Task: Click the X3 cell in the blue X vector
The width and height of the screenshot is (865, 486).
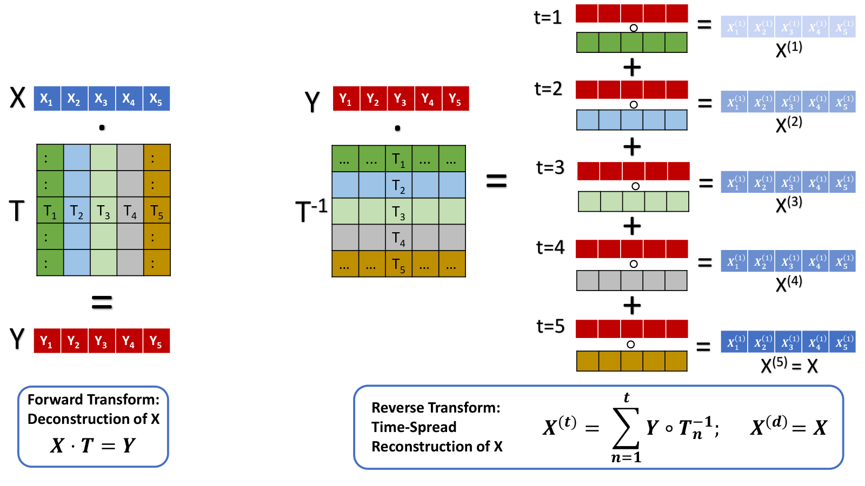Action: tap(102, 98)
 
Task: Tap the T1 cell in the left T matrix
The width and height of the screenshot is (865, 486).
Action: tap(50, 210)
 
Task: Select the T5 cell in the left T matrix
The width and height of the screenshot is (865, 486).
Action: tap(157, 210)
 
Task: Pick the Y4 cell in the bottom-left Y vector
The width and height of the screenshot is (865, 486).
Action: tap(129, 341)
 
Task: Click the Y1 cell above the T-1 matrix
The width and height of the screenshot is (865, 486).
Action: tap(346, 98)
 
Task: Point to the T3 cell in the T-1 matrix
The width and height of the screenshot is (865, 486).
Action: tap(398, 211)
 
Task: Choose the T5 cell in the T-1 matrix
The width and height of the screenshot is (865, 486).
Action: tap(398, 264)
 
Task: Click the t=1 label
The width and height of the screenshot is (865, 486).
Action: tap(548, 18)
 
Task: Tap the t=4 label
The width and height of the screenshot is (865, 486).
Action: tap(550, 247)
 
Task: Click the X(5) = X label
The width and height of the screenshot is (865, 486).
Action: tap(789, 365)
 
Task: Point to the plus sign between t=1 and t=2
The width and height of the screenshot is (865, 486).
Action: tap(632, 67)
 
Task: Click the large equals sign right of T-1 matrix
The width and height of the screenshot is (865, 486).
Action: tap(496, 180)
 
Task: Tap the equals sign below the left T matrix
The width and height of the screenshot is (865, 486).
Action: tap(102, 302)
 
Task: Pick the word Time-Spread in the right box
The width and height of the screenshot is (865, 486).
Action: tap(414, 427)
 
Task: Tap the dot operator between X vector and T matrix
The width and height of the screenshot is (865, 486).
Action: tap(102, 127)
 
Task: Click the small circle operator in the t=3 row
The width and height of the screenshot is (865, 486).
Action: tap(635, 186)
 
